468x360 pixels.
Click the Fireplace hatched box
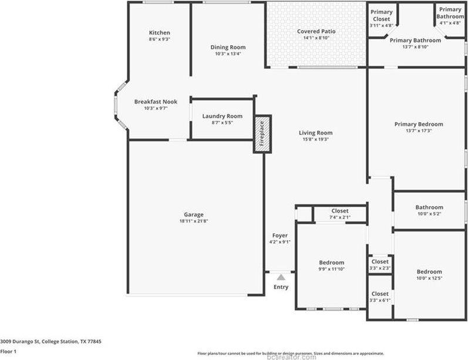262,134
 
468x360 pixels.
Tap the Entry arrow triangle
281,276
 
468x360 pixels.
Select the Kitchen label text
159,33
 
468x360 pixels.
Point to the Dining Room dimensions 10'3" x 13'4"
228,54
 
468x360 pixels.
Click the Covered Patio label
316,31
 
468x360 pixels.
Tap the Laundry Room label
222,116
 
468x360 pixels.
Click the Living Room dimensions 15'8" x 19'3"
316,140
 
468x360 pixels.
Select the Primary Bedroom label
418,124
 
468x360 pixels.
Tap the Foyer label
280,235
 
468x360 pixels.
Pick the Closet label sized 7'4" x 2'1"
339,211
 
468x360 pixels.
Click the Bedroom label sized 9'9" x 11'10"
332,263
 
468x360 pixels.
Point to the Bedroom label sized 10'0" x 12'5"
429,271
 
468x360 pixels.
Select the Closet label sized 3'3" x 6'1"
380,294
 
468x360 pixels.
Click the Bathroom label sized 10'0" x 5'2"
429,207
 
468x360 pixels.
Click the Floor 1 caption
9,351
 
